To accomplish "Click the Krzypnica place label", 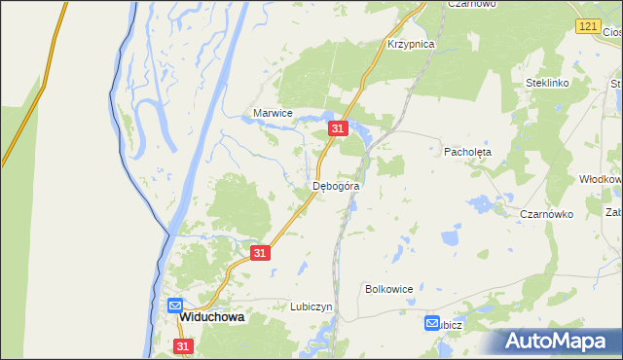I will coord(410,45).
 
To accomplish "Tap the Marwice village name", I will coord(273,113).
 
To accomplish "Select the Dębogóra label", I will coord(337,185).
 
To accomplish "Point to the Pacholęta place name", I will coord(468,153).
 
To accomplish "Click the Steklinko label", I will coord(546,84).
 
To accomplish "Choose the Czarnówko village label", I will coord(546,214).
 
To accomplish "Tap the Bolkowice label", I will coord(389,289).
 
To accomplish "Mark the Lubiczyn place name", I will coord(311,306).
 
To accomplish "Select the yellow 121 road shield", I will coord(586,27).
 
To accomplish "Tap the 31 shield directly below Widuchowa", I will coord(185,346).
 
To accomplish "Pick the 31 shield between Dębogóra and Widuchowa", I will coord(259,253).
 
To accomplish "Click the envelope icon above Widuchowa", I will coord(175,305).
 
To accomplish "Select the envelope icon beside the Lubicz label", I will coord(432,323).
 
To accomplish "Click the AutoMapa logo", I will coord(558,342).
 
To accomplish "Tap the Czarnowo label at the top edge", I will coord(472,4).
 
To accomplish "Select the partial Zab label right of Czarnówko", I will coord(613,212).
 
